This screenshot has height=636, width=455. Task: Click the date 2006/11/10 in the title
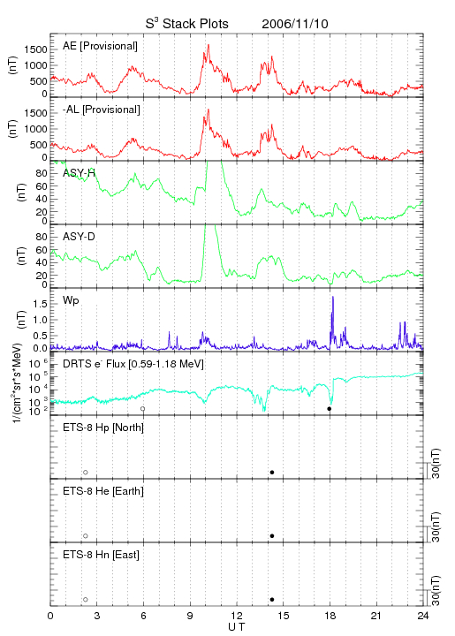(x=295, y=24)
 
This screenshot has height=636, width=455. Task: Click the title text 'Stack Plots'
(x=195, y=24)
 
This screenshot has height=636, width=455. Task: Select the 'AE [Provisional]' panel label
(x=100, y=46)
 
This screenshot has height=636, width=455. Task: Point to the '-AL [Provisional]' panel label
(x=102, y=110)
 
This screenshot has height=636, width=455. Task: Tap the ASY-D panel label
(x=79, y=237)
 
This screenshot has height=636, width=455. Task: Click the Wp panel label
(x=71, y=301)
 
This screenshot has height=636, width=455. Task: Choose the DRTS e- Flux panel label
(x=133, y=364)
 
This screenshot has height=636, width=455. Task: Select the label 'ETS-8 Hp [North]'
(x=103, y=428)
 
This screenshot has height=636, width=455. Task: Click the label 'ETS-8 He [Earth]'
(x=103, y=491)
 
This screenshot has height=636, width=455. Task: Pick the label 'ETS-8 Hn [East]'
(x=101, y=555)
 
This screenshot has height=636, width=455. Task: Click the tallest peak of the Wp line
(x=333, y=297)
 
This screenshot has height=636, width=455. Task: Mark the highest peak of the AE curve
(x=209, y=45)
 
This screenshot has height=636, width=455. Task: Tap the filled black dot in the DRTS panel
(x=330, y=409)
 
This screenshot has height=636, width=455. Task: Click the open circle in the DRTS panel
(x=143, y=409)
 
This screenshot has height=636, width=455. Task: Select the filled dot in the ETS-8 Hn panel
(x=272, y=600)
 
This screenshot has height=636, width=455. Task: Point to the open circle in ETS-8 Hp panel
(x=86, y=473)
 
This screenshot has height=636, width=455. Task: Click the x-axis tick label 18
(x=330, y=616)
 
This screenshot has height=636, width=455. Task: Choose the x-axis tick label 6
(x=143, y=616)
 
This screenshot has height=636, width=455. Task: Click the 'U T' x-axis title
(x=237, y=627)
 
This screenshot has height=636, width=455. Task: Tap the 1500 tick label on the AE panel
(x=35, y=49)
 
